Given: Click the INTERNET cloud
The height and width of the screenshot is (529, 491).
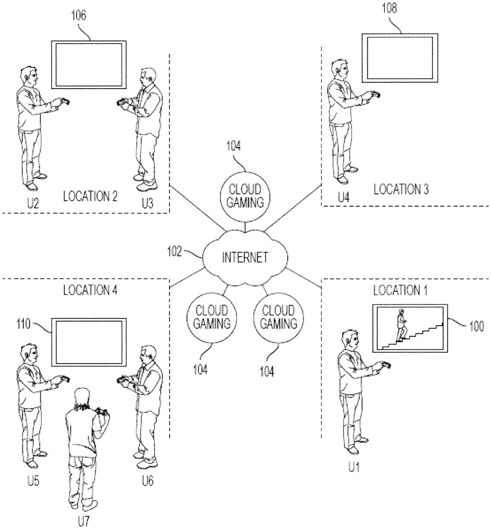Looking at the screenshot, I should [x=245, y=257].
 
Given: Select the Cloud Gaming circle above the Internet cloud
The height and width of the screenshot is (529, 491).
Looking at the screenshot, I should [x=245, y=197].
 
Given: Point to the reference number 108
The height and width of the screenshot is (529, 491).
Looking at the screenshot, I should [x=389, y=10].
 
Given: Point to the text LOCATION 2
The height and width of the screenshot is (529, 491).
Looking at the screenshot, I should [x=90, y=196].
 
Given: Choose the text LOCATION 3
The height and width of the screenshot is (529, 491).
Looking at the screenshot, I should [x=401, y=190].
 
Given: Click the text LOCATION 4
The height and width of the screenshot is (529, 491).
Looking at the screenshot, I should [x=90, y=291].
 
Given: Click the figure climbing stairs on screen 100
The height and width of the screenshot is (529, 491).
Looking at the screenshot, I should [x=401, y=324].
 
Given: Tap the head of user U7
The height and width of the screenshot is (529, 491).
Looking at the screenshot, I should [x=82, y=397].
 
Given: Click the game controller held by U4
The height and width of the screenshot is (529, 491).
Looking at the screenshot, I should [x=374, y=94].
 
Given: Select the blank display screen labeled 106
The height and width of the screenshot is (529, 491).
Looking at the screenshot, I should [x=88, y=64].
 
